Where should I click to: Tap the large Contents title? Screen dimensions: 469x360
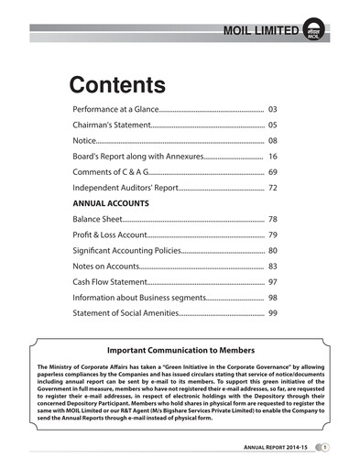[117, 85]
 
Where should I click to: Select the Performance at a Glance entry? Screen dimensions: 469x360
[115, 109]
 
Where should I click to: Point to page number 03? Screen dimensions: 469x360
[272, 109]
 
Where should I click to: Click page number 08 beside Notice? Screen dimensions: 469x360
[272, 141]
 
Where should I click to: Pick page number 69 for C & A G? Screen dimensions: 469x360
[272, 172]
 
